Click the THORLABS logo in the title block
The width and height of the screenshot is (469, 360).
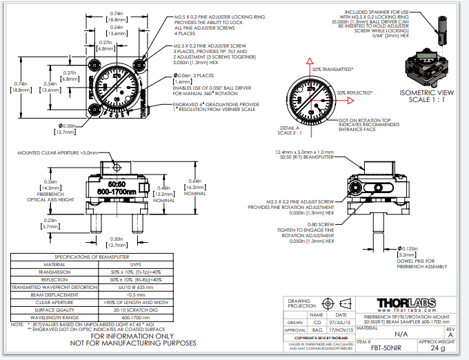pyautogui.click(x=407, y=303)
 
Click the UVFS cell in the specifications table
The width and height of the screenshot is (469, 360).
pyautogui.click(x=137, y=264)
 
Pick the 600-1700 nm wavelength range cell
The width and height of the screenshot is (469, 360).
pyautogui.click(x=137, y=317)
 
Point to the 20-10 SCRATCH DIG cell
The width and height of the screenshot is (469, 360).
pyautogui.click(x=137, y=309)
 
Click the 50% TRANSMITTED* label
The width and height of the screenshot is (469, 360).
pyautogui.click(x=332, y=70)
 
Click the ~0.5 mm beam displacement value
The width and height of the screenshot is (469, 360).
pyautogui.click(x=137, y=294)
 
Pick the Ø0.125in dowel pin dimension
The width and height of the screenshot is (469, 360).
pyautogui.click(x=408, y=248)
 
